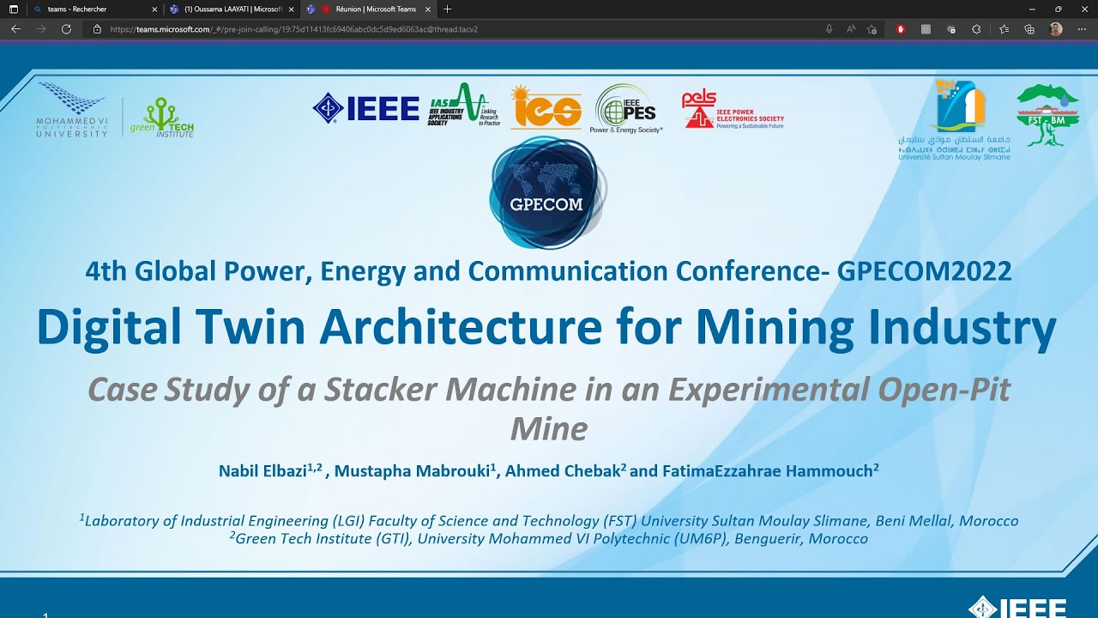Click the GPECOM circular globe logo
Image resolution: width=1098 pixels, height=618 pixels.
(547, 193)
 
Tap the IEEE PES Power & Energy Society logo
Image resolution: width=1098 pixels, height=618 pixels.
(626, 109)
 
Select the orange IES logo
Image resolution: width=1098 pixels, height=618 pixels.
(546, 108)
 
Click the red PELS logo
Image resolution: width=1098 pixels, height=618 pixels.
(732, 110)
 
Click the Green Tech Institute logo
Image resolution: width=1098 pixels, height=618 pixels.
(161, 117)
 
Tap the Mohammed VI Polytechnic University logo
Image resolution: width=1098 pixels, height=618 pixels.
(72, 110)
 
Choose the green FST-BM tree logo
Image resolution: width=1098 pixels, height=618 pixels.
(1047, 115)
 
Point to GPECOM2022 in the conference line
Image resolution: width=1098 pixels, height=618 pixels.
(924, 271)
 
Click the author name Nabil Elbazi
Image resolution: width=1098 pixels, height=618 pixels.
(262, 470)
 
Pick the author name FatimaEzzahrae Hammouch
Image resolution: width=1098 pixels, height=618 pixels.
(767, 470)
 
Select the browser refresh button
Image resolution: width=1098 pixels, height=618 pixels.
(66, 29)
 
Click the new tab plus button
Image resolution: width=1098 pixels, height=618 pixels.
(447, 9)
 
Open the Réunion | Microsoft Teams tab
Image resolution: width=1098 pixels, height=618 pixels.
(375, 9)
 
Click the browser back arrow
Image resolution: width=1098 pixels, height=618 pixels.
(15, 29)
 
